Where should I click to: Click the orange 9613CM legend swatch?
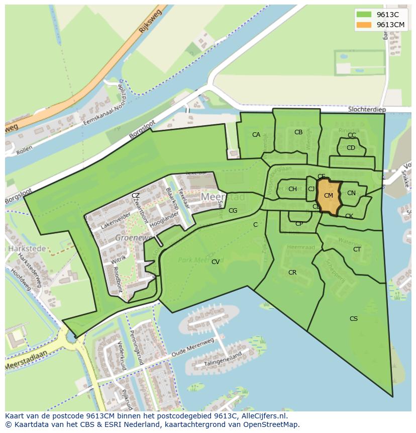pyautogui.click(x=365, y=25)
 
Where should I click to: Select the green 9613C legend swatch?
pyautogui.click(x=365, y=15)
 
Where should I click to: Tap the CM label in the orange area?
pyautogui.click(x=329, y=196)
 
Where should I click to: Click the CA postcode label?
pyautogui.click(x=256, y=134)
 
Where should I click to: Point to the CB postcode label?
pyautogui.click(x=298, y=132)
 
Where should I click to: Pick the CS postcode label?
pyautogui.click(x=354, y=318)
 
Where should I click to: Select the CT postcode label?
pyautogui.click(x=357, y=249)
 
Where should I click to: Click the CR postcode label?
pyautogui.click(x=292, y=273)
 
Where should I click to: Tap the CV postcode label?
pyautogui.click(x=216, y=262)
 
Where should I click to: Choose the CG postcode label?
pyautogui.click(x=233, y=211)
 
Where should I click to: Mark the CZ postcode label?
pyautogui.click(x=136, y=195)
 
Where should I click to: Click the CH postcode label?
pyautogui.click(x=292, y=189)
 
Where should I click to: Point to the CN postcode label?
pyautogui.click(x=351, y=193)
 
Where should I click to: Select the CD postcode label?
pyautogui.click(x=351, y=148)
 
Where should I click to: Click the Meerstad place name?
pyautogui.click(x=223, y=197)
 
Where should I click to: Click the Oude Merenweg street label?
pyautogui.click(x=193, y=349)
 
